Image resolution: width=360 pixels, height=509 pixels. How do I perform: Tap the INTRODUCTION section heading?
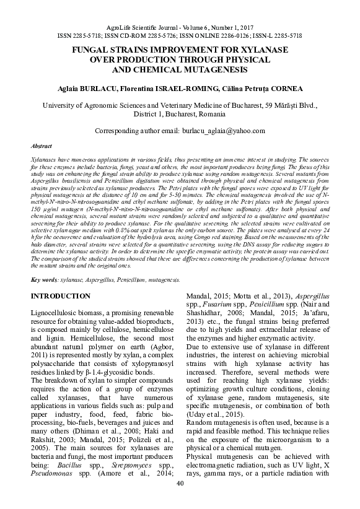61,297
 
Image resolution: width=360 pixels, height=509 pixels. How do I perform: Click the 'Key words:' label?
45,280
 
